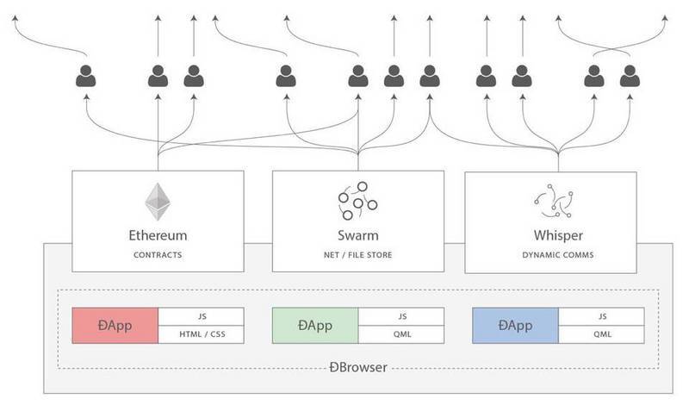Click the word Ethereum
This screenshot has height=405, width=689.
pyautogui.click(x=158, y=234)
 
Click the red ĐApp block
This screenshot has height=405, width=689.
pyautogui.click(x=115, y=325)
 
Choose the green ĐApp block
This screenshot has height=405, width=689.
pyautogui.click(x=315, y=325)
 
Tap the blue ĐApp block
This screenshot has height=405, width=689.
pyautogui.click(x=515, y=325)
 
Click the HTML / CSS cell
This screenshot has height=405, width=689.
pyautogui.click(x=201, y=333)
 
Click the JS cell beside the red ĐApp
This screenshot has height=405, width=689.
pyautogui.click(x=201, y=316)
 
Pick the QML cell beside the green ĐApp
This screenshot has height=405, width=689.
pyautogui.click(x=400, y=333)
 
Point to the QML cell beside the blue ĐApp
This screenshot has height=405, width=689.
pyautogui.click(x=600, y=333)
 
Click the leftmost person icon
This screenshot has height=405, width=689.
pyautogui.click(x=86, y=77)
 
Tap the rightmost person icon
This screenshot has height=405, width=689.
pyautogui.click(x=630, y=77)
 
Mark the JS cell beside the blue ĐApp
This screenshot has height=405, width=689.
pyautogui.click(x=600, y=316)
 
